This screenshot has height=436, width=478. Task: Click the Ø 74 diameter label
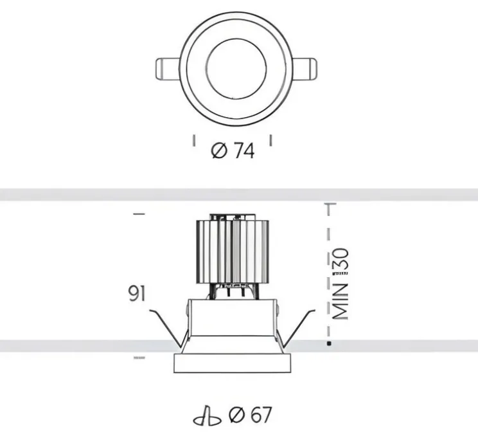pos(233,151)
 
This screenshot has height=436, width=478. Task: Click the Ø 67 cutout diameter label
pos(250,415)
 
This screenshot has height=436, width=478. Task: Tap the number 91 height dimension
pos(137,293)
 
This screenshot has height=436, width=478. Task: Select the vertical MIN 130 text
pos(341,284)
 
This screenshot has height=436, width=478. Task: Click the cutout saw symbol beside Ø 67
pos(208,417)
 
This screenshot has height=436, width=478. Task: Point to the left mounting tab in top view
pos(167,69)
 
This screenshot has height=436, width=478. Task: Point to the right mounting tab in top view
pos(305,69)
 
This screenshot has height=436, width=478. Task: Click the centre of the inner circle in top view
pos(236,69)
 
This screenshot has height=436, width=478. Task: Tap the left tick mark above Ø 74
pos(193,141)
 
